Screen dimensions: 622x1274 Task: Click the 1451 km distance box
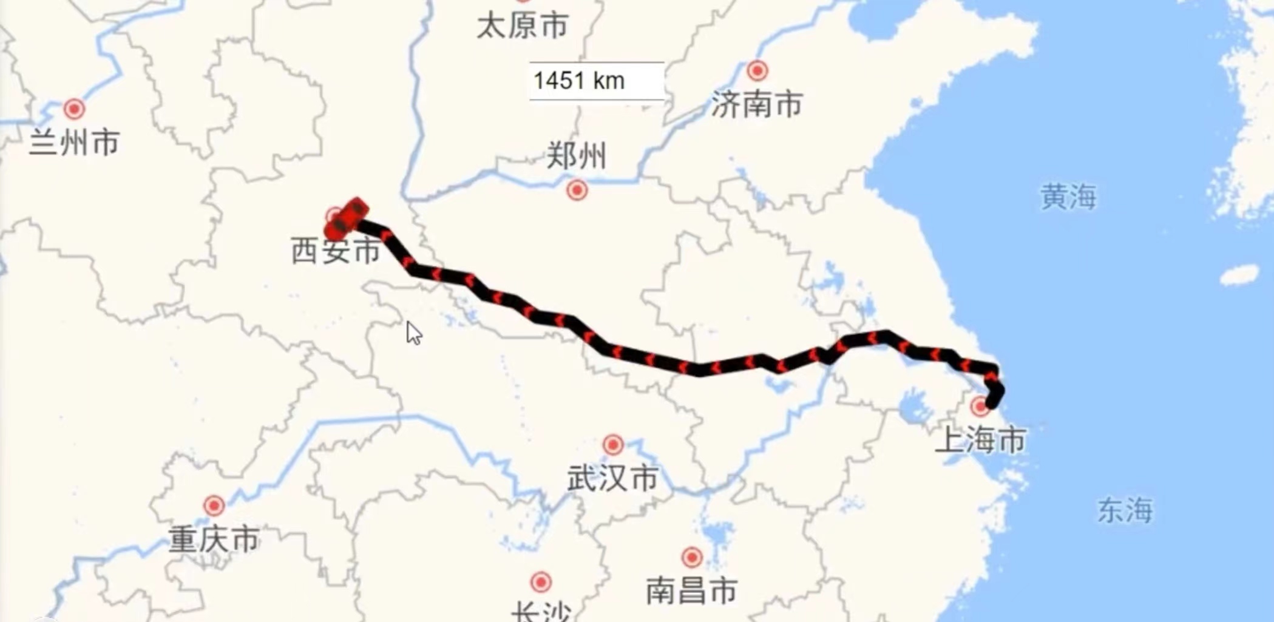tap(597, 81)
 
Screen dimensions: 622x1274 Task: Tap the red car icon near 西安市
tap(347, 218)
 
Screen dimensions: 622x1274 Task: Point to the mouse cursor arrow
tap(413, 333)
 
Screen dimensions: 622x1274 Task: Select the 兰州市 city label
tap(75, 143)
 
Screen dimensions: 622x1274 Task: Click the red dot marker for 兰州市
tap(74, 109)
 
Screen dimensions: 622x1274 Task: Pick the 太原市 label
tap(522, 25)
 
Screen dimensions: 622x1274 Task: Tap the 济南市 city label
tap(757, 104)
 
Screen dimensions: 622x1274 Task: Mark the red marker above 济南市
tap(757, 71)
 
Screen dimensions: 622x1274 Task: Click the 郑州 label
tap(576, 156)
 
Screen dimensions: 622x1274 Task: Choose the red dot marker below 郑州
tap(577, 191)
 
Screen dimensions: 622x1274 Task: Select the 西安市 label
tap(336, 251)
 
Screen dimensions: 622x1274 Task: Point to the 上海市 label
tap(980, 440)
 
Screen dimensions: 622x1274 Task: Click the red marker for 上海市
tap(980, 407)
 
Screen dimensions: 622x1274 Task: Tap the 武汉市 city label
tap(613, 478)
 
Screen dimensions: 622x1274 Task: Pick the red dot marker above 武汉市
tap(613, 445)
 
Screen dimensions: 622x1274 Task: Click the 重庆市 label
tap(214, 539)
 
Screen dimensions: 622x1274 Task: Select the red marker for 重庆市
tap(214, 505)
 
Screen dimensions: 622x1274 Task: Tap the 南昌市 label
tap(691, 590)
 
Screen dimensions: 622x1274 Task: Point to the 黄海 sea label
tap(1068, 197)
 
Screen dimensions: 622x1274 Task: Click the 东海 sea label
tap(1125, 510)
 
